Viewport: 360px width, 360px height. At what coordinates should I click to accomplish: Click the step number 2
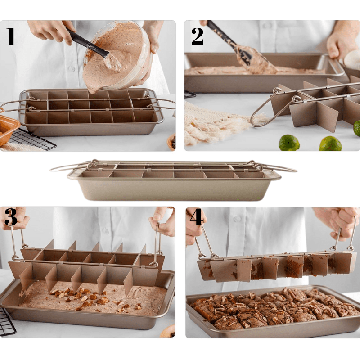tap(198, 36)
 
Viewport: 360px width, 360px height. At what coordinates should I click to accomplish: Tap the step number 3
tap(11, 217)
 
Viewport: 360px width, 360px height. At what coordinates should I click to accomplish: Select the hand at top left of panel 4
tap(194, 225)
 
